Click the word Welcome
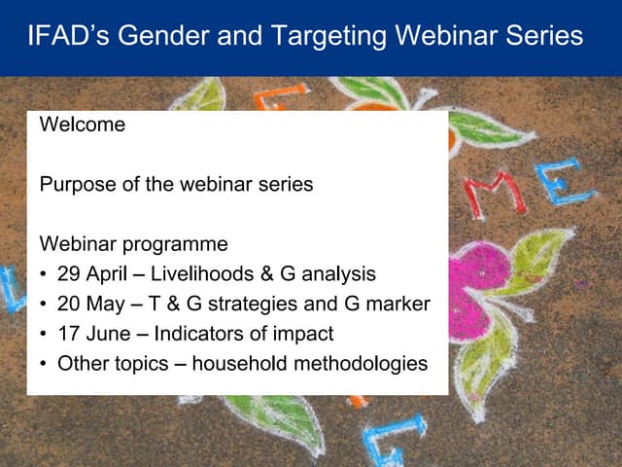tap(83, 125)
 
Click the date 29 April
tap(91, 273)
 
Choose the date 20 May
tap(91, 304)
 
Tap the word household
tap(237, 364)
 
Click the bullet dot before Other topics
tap(46, 365)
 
